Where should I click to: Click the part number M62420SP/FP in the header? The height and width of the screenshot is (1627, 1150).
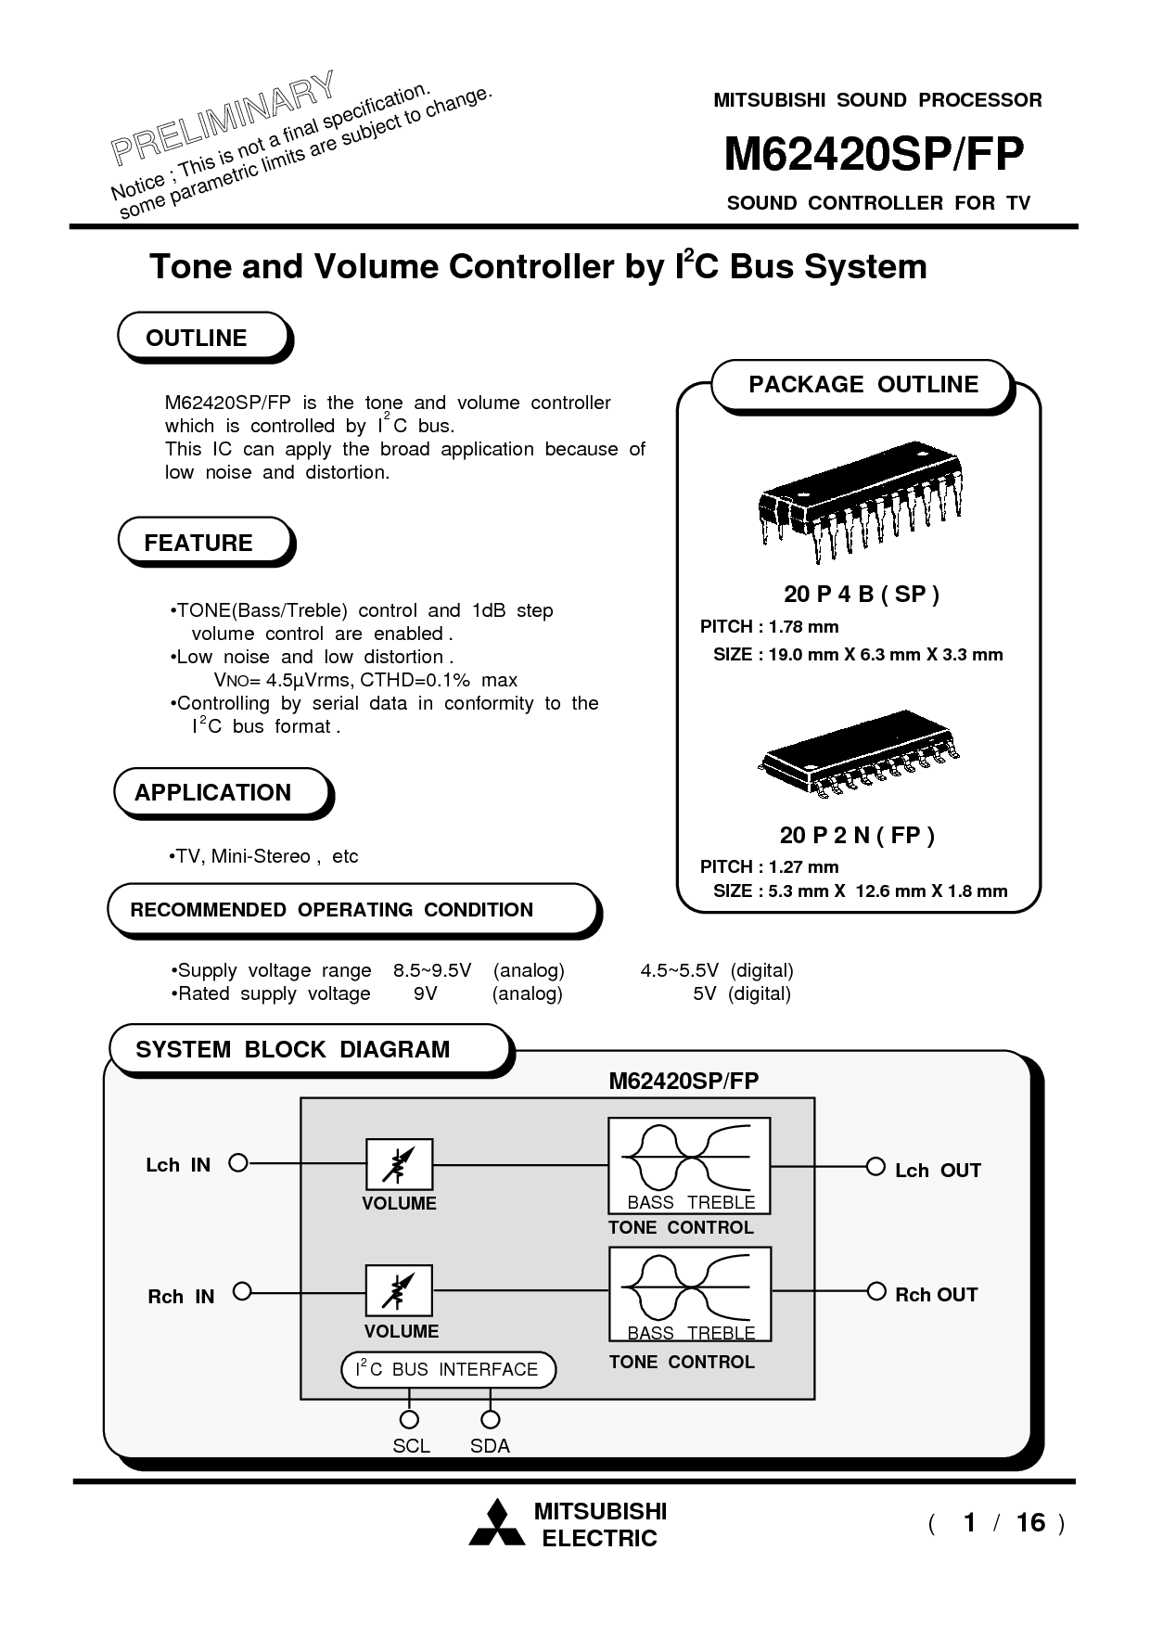(873, 155)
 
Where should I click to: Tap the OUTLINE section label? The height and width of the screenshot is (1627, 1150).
(197, 339)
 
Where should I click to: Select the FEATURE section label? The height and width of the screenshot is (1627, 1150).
(198, 543)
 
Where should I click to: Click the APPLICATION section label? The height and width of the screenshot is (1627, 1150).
(212, 793)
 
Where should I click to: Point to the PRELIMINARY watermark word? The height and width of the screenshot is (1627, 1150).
(223, 118)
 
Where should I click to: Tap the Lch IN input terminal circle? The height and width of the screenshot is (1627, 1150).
(238, 1163)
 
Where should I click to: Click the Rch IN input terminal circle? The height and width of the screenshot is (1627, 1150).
(242, 1291)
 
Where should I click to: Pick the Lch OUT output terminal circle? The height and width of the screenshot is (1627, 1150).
(875, 1167)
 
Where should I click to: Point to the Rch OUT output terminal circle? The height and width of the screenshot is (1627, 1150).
(875, 1291)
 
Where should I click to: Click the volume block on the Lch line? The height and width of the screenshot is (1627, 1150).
(399, 1164)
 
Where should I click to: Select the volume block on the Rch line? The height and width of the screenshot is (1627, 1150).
(399, 1291)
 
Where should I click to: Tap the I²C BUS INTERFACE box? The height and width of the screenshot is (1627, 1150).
(449, 1370)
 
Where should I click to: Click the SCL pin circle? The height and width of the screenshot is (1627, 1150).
(408, 1419)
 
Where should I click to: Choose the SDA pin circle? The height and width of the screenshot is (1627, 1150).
(491, 1419)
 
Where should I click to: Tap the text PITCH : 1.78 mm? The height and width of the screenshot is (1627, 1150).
(769, 627)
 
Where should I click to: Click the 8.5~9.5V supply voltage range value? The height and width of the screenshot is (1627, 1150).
(432, 971)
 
